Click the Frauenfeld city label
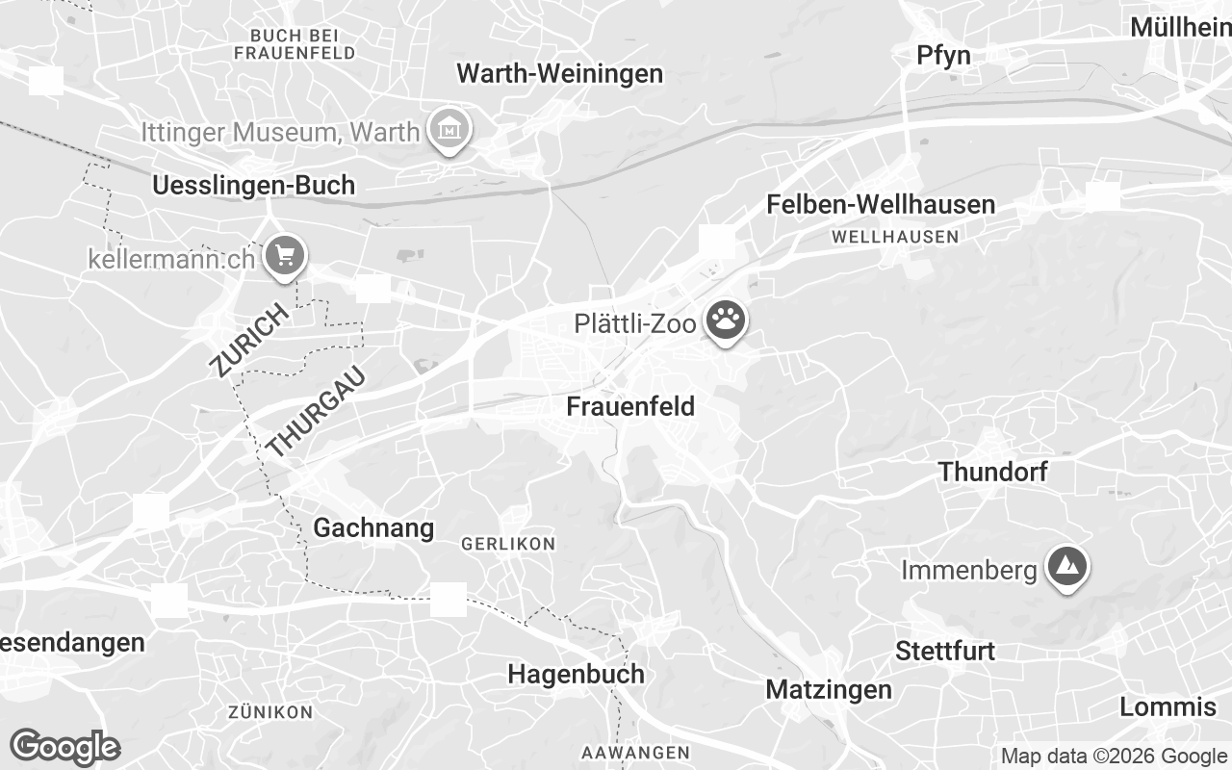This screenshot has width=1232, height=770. tap(630, 406)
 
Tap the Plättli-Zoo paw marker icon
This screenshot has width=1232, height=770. tap(725, 321)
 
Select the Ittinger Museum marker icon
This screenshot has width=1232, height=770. tap(449, 129)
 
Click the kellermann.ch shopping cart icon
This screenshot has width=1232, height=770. tap(284, 256)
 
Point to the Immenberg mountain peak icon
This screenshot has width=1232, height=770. tap(1065, 568)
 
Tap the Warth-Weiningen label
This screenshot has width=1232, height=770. tap(559, 73)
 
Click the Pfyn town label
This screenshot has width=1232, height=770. tap(943, 55)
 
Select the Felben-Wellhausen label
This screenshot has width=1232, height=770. tap(881, 204)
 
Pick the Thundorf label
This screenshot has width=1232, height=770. tap(992, 472)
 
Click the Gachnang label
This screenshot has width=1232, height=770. tap(373, 527)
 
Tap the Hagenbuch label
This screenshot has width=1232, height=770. tap(576, 673)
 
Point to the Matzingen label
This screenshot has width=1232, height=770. tap(829, 689)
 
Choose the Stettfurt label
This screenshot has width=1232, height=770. tap(945, 651)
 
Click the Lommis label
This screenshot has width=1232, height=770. tap(1168, 706)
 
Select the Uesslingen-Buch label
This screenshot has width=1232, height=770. tap(254, 185)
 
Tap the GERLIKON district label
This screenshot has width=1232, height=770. tap(508, 544)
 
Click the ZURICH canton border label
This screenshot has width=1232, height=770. tap(248, 340)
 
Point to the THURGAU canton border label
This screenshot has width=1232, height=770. tap(317, 411)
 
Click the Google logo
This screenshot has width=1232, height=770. tap(64, 747)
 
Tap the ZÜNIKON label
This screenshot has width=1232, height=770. tap(270, 712)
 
